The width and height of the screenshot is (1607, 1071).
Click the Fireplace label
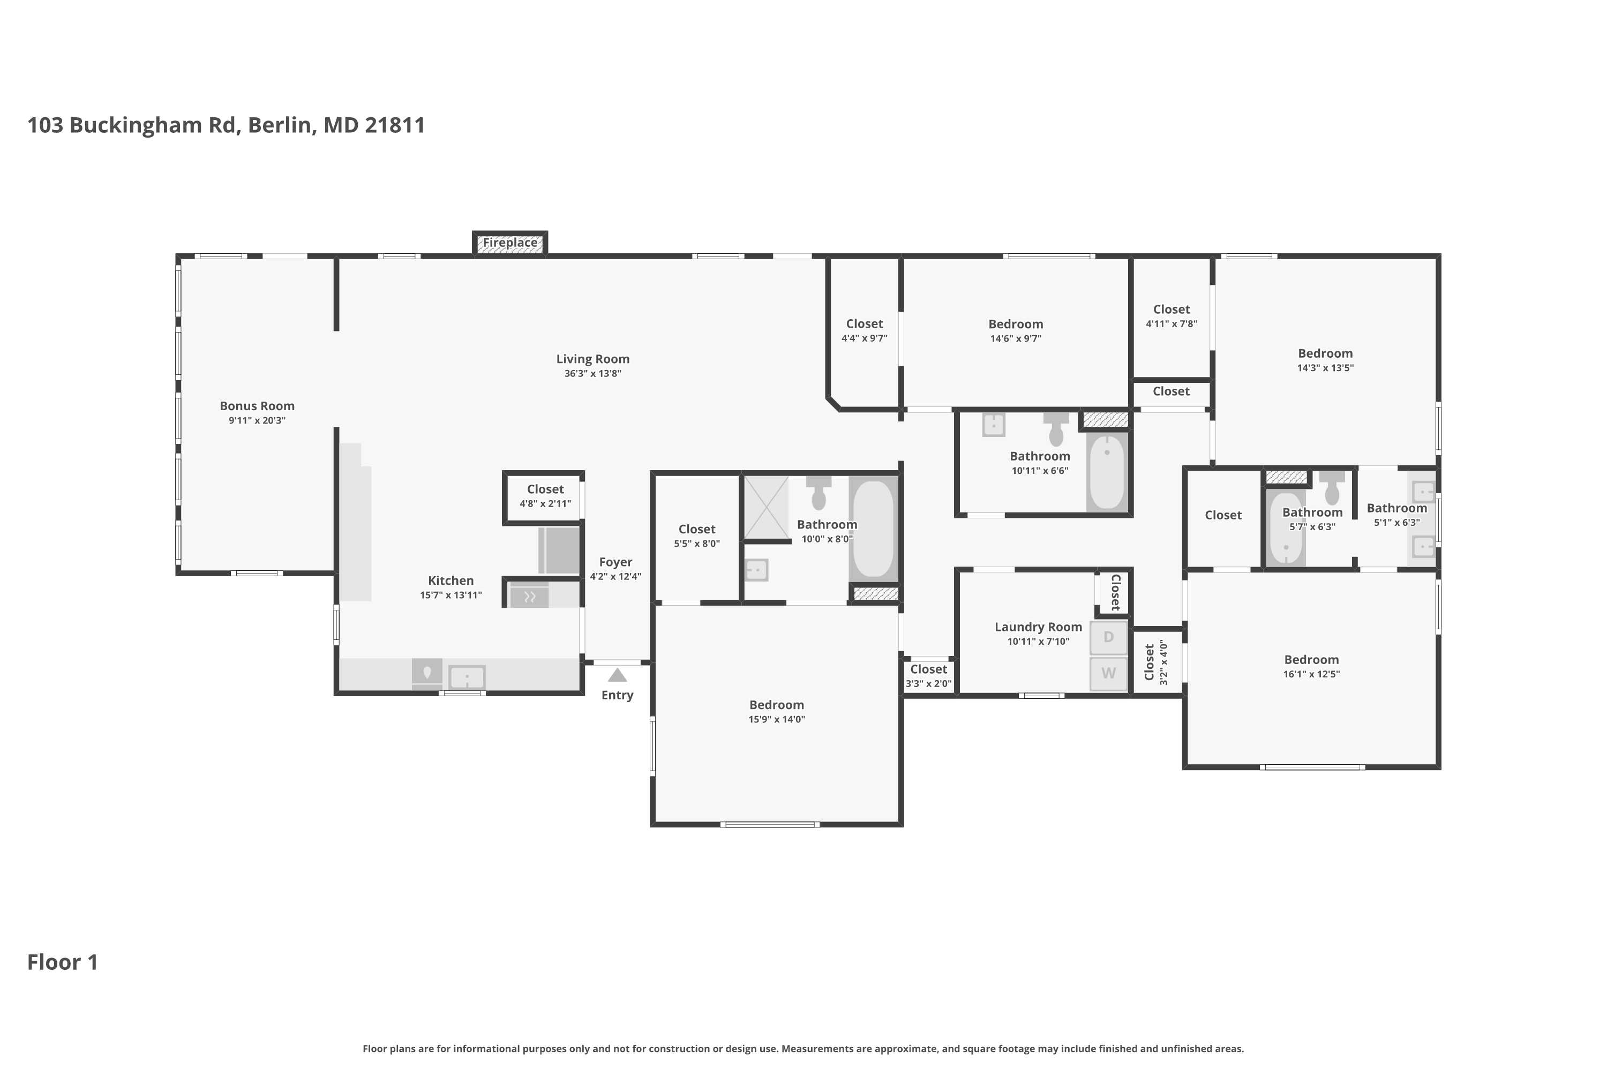click(x=510, y=243)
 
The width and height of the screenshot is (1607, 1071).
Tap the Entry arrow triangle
click(x=617, y=675)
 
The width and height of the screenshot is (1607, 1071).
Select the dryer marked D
click(x=1108, y=637)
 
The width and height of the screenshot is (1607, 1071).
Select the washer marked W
click(x=1108, y=674)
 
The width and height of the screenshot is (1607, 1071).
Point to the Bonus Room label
click(x=257, y=406)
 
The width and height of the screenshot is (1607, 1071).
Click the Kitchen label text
click(x=450, y=580)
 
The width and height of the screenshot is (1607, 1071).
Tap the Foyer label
click(x=615, y=562)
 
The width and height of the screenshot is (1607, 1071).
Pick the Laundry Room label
click(x=1038, y=627)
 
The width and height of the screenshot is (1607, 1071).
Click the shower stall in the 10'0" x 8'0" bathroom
click(x=766, y=508)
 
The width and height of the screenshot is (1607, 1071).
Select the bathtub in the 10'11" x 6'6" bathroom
click(x=1107, y=471)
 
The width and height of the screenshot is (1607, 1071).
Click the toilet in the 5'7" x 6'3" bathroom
click(x=1332, y=487)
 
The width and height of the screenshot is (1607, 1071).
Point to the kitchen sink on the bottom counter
click(x=467, y=677)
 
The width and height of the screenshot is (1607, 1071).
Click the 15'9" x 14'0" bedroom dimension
click(x=776, y=719)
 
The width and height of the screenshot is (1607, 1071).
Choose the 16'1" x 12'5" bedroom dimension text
click(x=1311, y=674)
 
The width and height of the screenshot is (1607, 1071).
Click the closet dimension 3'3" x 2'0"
click(x=928, y=684)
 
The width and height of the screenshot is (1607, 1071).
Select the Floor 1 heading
click(x=62, y=962)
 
